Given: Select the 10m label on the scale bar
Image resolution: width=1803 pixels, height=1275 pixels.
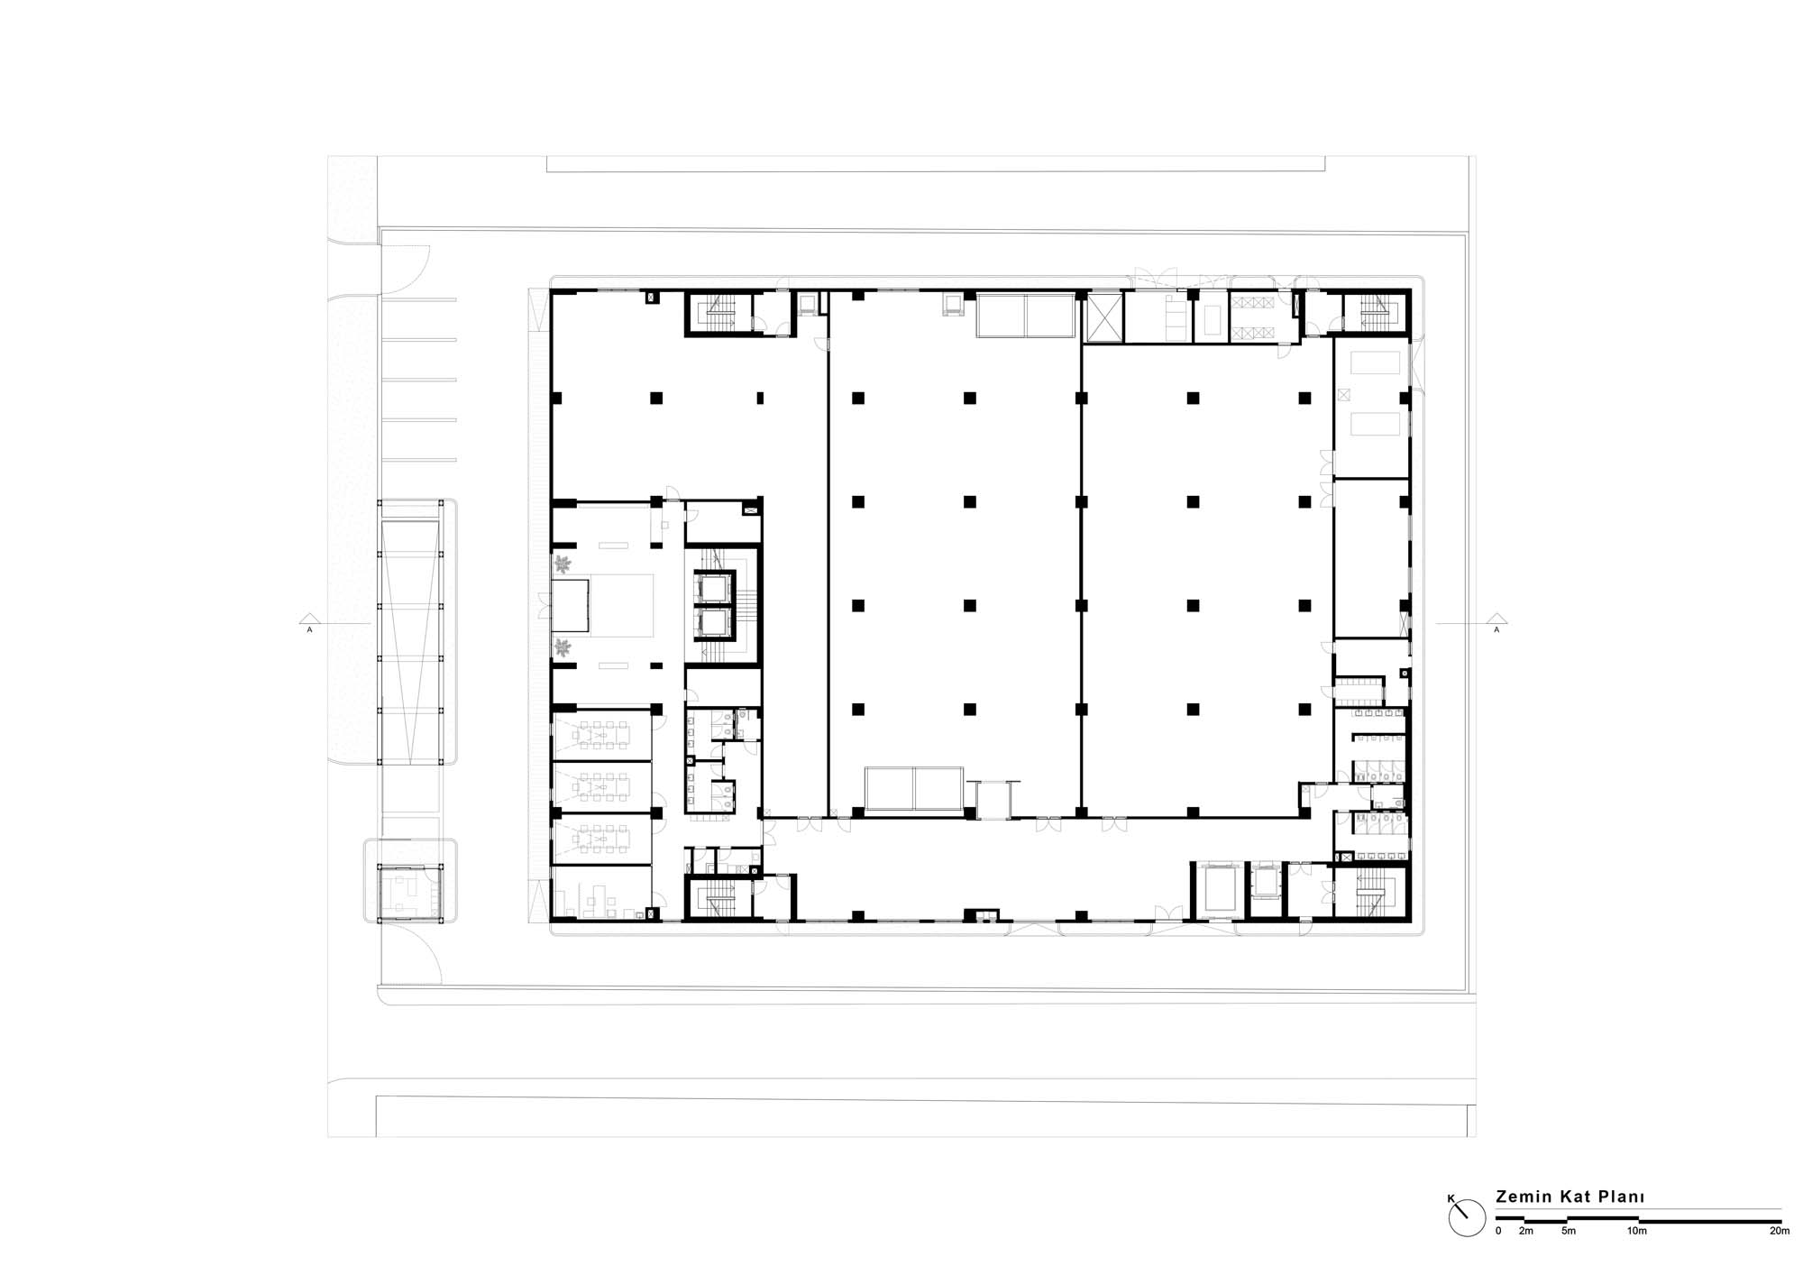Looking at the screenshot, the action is click(x=1636, y=1231).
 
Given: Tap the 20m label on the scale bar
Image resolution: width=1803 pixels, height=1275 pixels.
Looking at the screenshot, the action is click(x=1780, y=1231).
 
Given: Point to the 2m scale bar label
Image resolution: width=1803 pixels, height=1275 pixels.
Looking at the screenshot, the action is click(x=1525, y=1231).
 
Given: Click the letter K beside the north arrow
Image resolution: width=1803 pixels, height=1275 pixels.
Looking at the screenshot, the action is click(x=1451, y=1199).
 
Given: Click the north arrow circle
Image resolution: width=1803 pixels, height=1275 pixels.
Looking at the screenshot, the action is click(x=1467, y=1218).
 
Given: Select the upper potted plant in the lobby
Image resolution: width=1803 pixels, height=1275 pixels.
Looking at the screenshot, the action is click(x=563, y=565).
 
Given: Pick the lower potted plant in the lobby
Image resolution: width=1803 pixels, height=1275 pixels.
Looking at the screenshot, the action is click(x=563, y=647).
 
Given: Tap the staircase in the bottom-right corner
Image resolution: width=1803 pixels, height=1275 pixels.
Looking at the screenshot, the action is click(x=1370, y=893).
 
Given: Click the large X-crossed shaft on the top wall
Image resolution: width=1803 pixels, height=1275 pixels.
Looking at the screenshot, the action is click(x=1104, y=317).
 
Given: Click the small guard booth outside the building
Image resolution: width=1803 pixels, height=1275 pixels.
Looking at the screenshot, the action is click(x=410, y=893).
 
